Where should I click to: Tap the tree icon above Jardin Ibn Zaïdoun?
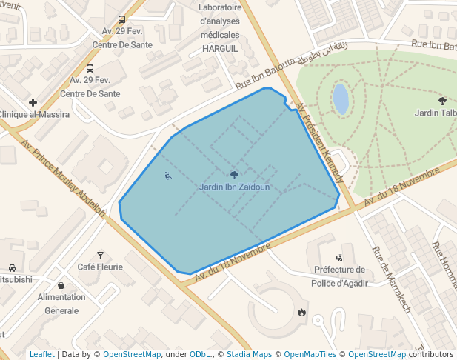click(x=234, y=175)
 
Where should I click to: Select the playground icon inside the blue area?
click(x=167, y=176)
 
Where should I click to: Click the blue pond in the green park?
click(x=341, y=99)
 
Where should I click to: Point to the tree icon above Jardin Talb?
click(x=442, y=100)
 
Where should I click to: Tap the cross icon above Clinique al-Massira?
click(x=33, y=102)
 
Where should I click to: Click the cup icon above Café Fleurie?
click(x=100, y=254)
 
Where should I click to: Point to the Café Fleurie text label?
click(x=100, y=267)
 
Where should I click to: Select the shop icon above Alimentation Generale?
click(x=61, y=284)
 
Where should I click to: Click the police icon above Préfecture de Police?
click(x=339, y=258)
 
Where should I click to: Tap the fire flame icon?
click(x=301, y=312)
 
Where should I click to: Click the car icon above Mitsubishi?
click(x=12, y=267)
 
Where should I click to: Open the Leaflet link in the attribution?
click(x=42, y=354)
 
